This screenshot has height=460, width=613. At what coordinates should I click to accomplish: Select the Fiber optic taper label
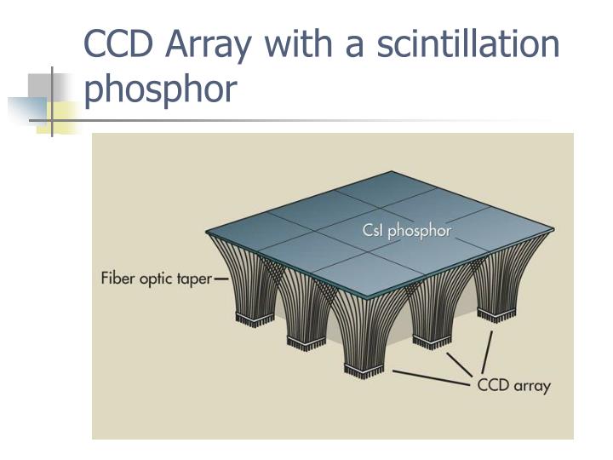pyautogui.click(x=157, y=279)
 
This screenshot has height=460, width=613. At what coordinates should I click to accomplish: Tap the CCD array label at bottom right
pyautogui.click(x=513, y=385)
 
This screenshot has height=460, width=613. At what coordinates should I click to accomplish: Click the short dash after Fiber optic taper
pyautogui.click(x=221, y=279)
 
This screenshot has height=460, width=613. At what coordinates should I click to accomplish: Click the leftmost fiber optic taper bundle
pyautogui.click(x=247, y=281)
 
